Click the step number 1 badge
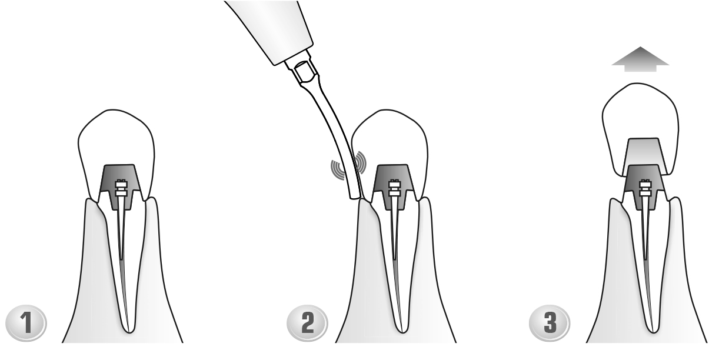(x=26, y=323)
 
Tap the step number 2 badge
(x=308, y=323)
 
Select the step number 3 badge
(x=550, y=323)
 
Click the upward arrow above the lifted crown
(x=640, y=59)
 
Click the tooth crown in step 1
(x=116, y=135)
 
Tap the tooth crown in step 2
(x=390, y=135)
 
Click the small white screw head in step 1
(x=121, y=189)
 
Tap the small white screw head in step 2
(x=394, y=189)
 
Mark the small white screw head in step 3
(x=645, y=189)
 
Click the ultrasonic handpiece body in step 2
(x=273, y=29)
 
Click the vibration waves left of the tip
(x=338, y=169)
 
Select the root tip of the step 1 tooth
(x=129, y=331)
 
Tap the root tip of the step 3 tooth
(x=653, y=331)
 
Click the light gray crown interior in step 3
(x=644, y=151)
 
